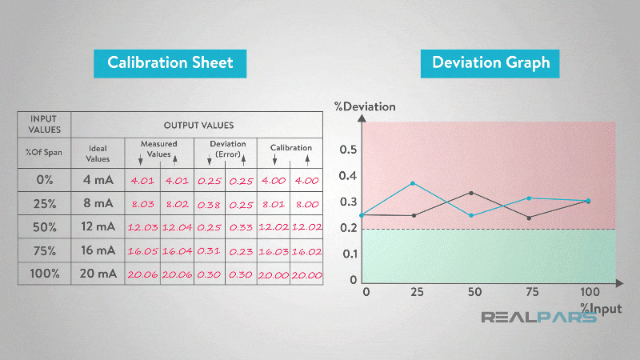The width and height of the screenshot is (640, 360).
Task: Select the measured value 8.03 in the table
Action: pos(142,203)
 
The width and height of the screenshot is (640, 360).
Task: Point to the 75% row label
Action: pos(44,250)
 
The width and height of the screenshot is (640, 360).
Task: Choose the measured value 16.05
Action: pos(142,250)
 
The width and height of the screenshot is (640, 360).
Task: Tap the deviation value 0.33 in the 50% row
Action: pos(241,227)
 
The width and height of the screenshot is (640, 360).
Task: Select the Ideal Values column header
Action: pos(98,153)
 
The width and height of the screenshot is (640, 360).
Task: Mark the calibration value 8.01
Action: pos(274,203)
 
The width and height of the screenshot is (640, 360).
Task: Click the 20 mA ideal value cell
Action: pos(98,274)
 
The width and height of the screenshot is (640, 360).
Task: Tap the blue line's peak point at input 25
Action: pos(413,183)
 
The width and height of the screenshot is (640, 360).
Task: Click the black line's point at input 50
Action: pos(471,193)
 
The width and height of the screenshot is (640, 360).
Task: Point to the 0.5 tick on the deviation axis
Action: pos(347,150)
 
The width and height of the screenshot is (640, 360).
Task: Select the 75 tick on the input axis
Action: pos(530,292)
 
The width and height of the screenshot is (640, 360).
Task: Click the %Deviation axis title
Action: pos(365,106)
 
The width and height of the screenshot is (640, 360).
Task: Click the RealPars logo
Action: pos(538,318)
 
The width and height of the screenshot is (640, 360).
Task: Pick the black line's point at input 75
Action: pos(530,218)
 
